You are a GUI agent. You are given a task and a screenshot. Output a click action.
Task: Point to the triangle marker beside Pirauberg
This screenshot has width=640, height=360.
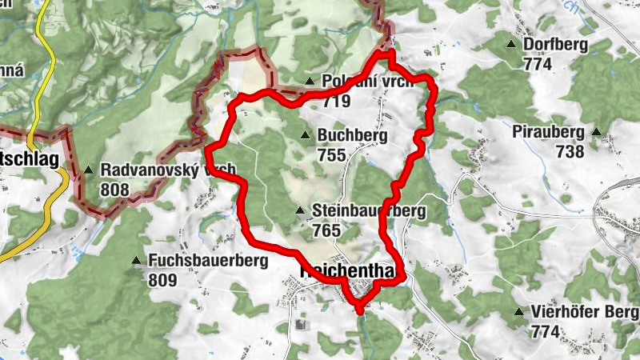pos(596,131)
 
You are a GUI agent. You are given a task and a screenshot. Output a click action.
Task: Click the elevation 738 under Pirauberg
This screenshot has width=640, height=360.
pos(569,151)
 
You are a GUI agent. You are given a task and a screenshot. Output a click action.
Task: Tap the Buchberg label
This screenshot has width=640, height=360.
pos(352,136)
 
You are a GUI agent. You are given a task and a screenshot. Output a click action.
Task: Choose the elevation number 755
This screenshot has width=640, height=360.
pos(332,154)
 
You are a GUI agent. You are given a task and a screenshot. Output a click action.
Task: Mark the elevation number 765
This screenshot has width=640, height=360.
pos(328,230)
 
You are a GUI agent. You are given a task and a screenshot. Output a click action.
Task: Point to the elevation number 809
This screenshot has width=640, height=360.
pos(162,280)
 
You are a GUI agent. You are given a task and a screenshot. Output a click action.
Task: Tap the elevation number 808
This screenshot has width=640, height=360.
pos(116,189)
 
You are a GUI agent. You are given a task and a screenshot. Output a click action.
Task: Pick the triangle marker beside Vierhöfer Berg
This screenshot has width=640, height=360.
pos(520,311)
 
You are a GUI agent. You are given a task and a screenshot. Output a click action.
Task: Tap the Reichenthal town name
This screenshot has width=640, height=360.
pos(347,271)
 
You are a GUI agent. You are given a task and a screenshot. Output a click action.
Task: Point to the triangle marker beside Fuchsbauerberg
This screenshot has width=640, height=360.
pos(135,260)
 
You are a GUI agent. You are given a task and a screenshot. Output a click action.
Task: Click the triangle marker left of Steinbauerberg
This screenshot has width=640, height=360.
pos(300,211)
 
